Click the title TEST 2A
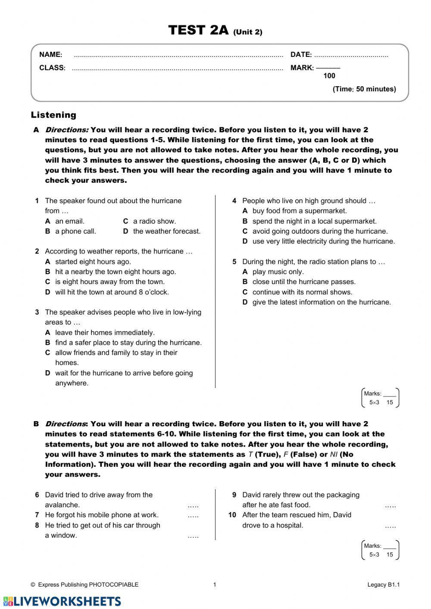point(199,31)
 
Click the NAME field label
point(50,55)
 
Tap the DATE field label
point(301,55)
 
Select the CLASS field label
point(52,68)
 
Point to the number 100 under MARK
point(329,76)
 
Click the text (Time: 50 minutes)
point(364,89)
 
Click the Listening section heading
point(53,115)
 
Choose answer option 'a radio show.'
point(154,221)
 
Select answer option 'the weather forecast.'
point(167,231)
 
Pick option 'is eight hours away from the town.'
point(109,282)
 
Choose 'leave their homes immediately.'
point(105,333)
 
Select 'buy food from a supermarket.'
point(300,211)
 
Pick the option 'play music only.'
point(278,272)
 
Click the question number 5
point(234,262)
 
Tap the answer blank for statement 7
point(193,515)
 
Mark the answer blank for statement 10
point(390,526)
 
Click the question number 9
point(234,495)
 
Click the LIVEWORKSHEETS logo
point(62,601)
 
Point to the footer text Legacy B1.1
point(384,585)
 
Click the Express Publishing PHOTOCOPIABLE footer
point(85,585)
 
